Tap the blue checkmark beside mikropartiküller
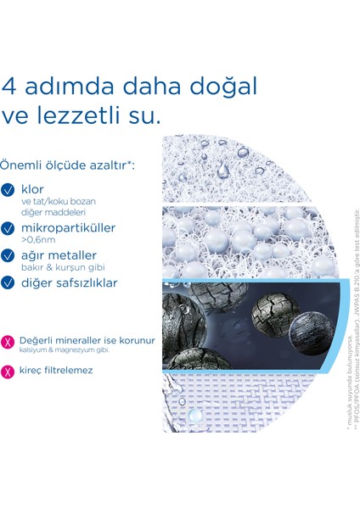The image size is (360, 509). click(9, 229)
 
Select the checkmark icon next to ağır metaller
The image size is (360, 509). click(9, 256)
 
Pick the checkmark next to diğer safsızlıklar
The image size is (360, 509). click(9, 283)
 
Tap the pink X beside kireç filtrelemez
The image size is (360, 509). click(9, 371)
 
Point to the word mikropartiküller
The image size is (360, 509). click(69, 228)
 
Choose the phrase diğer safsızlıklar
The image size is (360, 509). click(70, 283)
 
